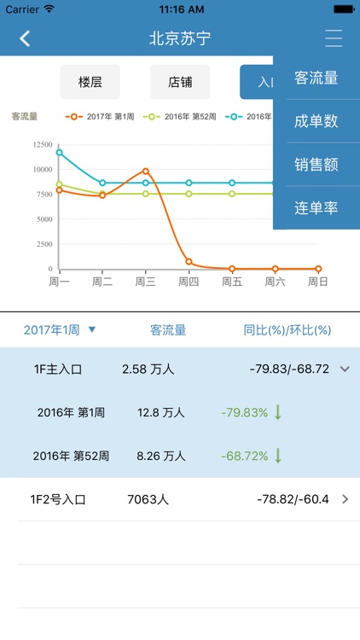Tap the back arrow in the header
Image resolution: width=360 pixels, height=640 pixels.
point(25,38)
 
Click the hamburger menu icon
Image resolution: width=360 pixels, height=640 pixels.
point(334,38)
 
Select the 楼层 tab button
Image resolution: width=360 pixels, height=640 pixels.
point(90,82)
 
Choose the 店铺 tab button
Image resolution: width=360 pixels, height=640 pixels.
point(180,82)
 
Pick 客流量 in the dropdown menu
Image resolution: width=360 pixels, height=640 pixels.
point(316,79)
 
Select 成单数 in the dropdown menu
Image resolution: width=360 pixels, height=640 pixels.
point(316,121)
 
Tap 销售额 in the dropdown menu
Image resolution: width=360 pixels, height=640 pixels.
point(316,165)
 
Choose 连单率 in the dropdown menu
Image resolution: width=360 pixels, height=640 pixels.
point(316,207)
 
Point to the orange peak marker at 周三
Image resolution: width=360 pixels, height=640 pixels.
point(146,172)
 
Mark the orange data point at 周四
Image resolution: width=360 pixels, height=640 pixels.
point(189,262)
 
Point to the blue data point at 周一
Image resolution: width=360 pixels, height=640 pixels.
point(60,152)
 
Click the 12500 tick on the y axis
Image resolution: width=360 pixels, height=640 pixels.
point(41,145)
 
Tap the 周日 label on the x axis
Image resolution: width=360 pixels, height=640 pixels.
point(318,282)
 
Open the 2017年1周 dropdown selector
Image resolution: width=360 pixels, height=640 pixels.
point(60,329)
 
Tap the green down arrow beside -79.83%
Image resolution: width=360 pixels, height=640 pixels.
point(278,412)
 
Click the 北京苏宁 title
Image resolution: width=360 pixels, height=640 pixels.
point(180,38)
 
